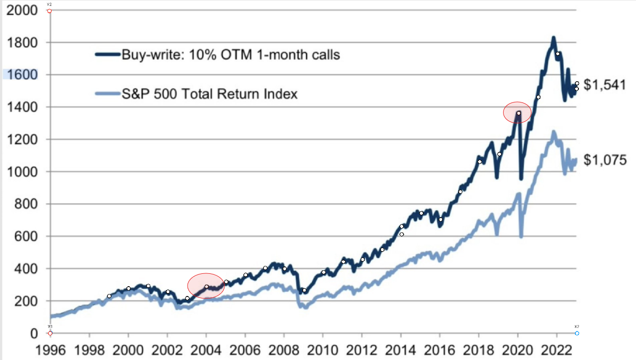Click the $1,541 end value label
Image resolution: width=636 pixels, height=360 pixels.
click(x=604, y=85)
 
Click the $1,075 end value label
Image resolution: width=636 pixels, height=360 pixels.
click(x=605, y=160)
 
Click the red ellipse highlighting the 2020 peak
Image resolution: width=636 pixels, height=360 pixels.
click(x=517, y=113)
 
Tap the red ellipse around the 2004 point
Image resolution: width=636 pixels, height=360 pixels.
click(x=206, y=286)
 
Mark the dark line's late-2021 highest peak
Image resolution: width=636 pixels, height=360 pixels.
click(x=554, y=37)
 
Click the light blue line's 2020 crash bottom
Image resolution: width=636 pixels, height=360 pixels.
click(x=521, y=236)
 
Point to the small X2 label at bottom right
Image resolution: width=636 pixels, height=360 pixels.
click(x=576, y=327)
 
